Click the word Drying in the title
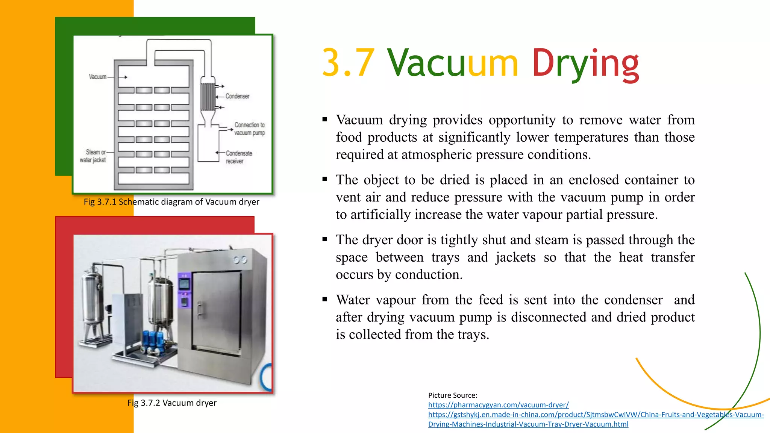click(585, 64)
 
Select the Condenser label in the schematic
click(237, 96)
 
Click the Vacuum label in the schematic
click(97, 77)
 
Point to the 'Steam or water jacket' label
click(93, 156)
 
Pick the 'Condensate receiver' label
click(239, 157)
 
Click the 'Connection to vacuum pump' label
click(249, 129)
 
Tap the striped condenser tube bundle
click(207, 97)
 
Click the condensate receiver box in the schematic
click(208, 145)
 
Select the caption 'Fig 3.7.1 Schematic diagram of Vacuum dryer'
click(171, 202)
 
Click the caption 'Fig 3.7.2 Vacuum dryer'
click(172, 403)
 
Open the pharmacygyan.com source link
click(498, 405)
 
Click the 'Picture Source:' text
click(453, 395)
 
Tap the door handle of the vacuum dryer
click(199, 309)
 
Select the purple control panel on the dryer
click(184, 290)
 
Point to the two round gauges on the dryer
click(240, 260)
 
